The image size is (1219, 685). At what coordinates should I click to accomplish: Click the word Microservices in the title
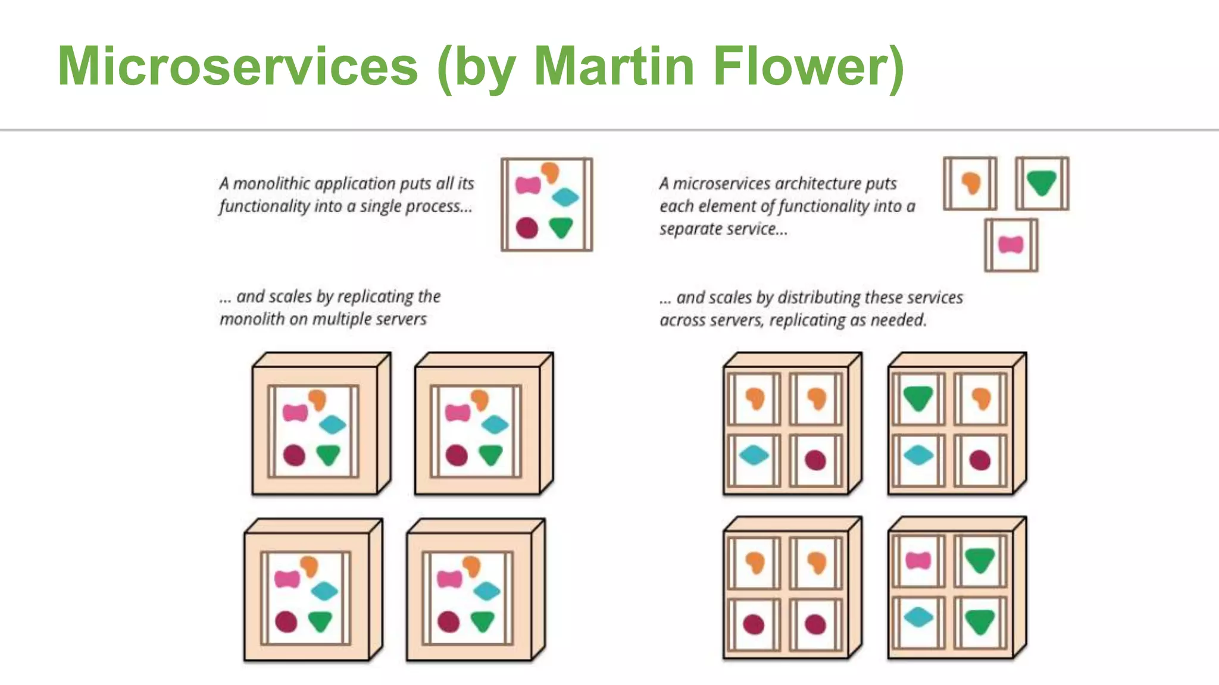tap(238, 66)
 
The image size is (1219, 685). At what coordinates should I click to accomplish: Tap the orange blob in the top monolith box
tap(551, 172)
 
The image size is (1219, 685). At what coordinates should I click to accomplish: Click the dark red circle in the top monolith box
tap(527, 228)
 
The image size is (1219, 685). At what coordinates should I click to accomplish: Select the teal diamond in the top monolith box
tap(565, 197)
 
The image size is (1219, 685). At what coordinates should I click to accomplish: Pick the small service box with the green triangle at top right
tap(1042, 183)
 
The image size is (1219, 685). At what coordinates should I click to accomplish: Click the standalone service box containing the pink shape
tap(1011, 245)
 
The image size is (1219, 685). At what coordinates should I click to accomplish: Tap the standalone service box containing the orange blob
tap(970, 183)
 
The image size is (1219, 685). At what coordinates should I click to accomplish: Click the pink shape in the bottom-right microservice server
tap(918, 560)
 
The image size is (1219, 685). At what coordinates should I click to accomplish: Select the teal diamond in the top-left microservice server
tap(754, 455)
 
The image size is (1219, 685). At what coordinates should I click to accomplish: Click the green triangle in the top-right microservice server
tap(917, 398)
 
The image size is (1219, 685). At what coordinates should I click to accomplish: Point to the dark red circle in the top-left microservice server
tap(815, 460)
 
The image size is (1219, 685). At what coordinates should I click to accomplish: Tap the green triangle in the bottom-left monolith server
tap(320, 621)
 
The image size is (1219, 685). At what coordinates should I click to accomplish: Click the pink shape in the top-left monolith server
tap(295, 412)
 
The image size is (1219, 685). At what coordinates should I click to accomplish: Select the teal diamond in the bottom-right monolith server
tap(487, 591)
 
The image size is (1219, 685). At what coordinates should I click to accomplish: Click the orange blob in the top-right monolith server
tap(480, 400)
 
